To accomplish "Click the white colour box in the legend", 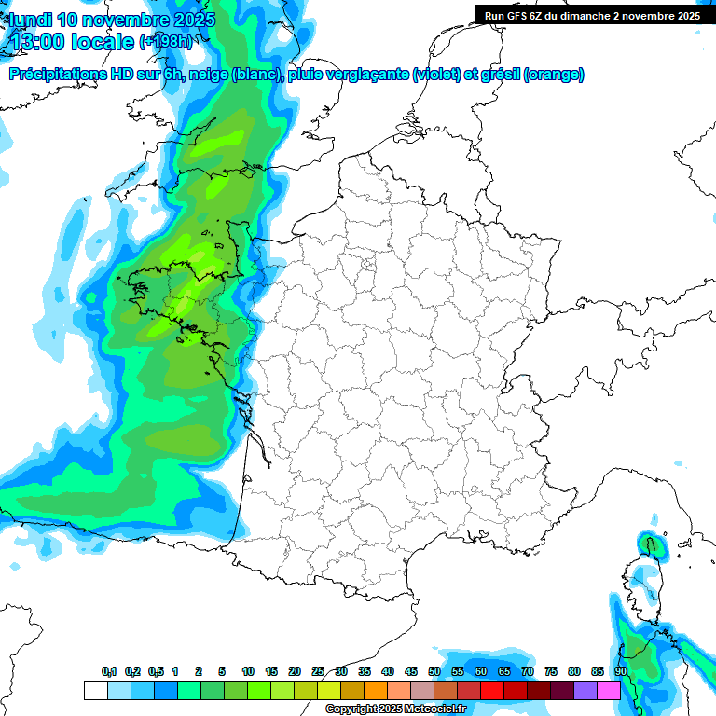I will (x=95, y=691).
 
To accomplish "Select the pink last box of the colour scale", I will (x=609, y=691).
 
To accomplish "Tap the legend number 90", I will (x=621, y=671).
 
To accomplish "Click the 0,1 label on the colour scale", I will (x=109, y=671).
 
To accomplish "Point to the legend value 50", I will (x=434, y=671).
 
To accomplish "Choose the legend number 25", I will (x=318, y=671).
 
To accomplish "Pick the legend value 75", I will (x=551, y=671).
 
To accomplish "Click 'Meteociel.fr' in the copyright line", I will (x=435, y=709).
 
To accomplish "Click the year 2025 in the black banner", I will (x=685, y=15).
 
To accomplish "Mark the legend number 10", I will (x=248, y=671).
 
